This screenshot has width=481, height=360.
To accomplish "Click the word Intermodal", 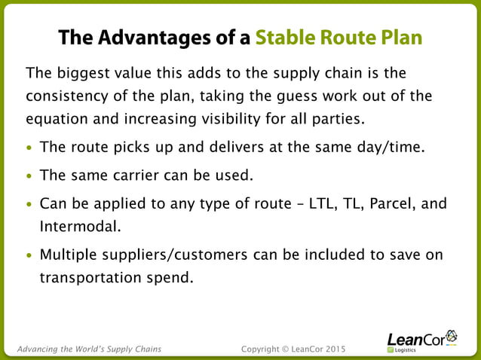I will click(78, 225).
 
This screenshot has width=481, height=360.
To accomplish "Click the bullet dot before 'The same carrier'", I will click(29, 176).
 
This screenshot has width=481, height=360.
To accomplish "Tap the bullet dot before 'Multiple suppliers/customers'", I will click(29, 255).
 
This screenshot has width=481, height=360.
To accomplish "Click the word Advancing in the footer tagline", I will click(38, 349).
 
